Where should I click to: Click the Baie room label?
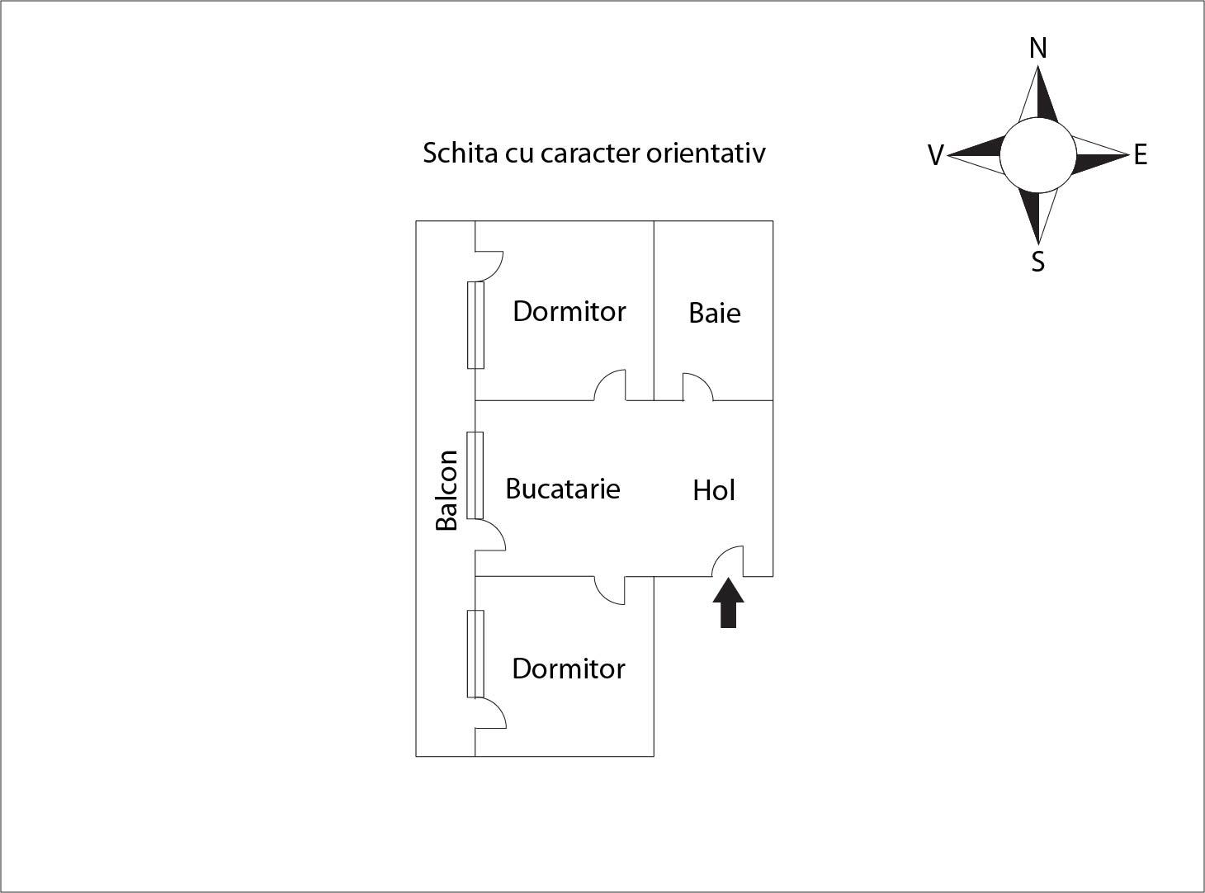tap(715, 313)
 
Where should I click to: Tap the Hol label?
tap(714, 490)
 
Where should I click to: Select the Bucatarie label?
tap(563, 489)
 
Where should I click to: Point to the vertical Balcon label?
tap(447, 489)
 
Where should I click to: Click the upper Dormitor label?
tap(569, 311)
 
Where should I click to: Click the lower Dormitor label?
tap(569, 669)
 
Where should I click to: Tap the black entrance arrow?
tap(728, 603)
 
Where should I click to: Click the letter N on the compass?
tap(1037, 49)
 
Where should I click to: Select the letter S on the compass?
tap(1037, 262)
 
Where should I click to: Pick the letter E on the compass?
tap(1141, 155)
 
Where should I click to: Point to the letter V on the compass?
tap(936, 155)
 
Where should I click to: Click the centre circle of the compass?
tap(1037, 155)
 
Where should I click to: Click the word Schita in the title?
tap(461, 153)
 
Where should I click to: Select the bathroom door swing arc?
tap(697, 387)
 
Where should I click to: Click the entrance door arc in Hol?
tap(728, 561)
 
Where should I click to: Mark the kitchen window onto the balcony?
tap(475, 475)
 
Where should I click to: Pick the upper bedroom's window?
tap(475, 325)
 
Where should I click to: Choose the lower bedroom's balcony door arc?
tap(490, 712)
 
